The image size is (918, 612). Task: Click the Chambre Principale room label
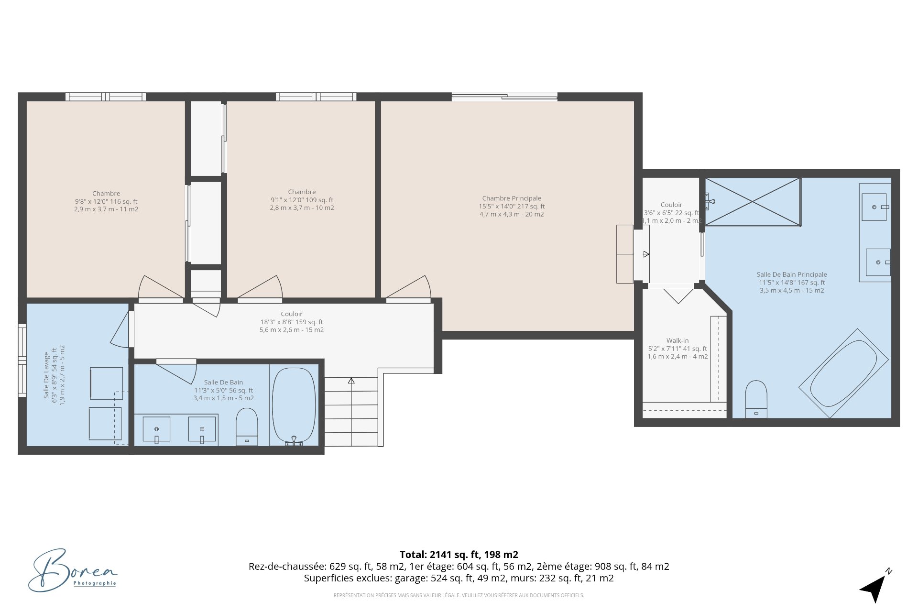point(512,198)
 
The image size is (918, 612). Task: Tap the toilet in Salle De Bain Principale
point(756,400)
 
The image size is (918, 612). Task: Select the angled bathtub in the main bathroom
point(843,373)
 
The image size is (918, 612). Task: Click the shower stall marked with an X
point(753,201)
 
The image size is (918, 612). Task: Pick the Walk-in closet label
point(678,341)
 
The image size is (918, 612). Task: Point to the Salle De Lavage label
point(47,375)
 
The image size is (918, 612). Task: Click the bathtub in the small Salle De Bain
point(294,405)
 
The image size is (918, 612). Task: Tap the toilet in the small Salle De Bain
point(247,427)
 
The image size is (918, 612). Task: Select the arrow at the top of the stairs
point(351,381)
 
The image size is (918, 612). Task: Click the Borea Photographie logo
point(72,571)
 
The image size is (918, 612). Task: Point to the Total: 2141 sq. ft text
point(459,555)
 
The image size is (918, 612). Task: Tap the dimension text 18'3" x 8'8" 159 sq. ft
point(292,322)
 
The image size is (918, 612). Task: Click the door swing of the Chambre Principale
point(411,288)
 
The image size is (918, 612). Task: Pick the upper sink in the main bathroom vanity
point(874,207)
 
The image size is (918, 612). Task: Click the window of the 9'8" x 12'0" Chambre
point(106,97)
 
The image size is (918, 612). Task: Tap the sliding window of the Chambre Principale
point(504,97)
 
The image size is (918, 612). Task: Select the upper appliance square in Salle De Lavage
point(106,383)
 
